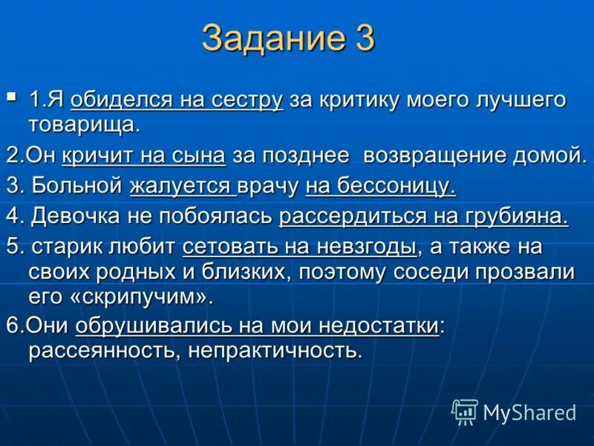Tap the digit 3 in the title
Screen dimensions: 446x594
coord(362,39)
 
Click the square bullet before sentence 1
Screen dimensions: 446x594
coord(11,96)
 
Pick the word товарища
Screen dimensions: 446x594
coord(84,123)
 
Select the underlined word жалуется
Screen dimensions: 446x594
coord(180,186)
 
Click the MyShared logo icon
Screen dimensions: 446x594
coord(465,411)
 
